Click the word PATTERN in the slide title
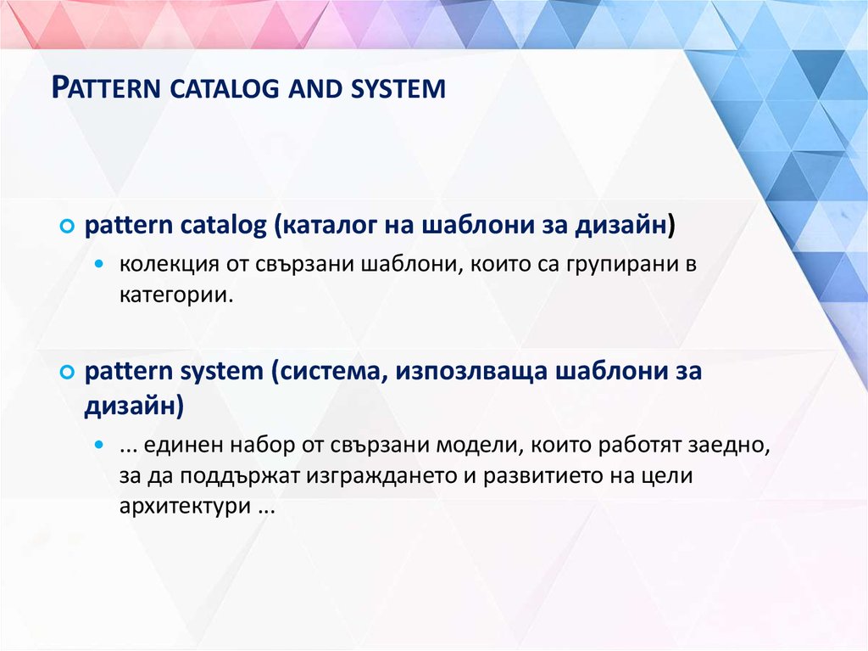106,88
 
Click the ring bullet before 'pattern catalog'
66,227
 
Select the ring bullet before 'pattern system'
66,372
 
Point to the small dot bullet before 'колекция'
100,264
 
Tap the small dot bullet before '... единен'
100,445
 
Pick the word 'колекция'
169,265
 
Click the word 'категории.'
176,295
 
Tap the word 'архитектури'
185,507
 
